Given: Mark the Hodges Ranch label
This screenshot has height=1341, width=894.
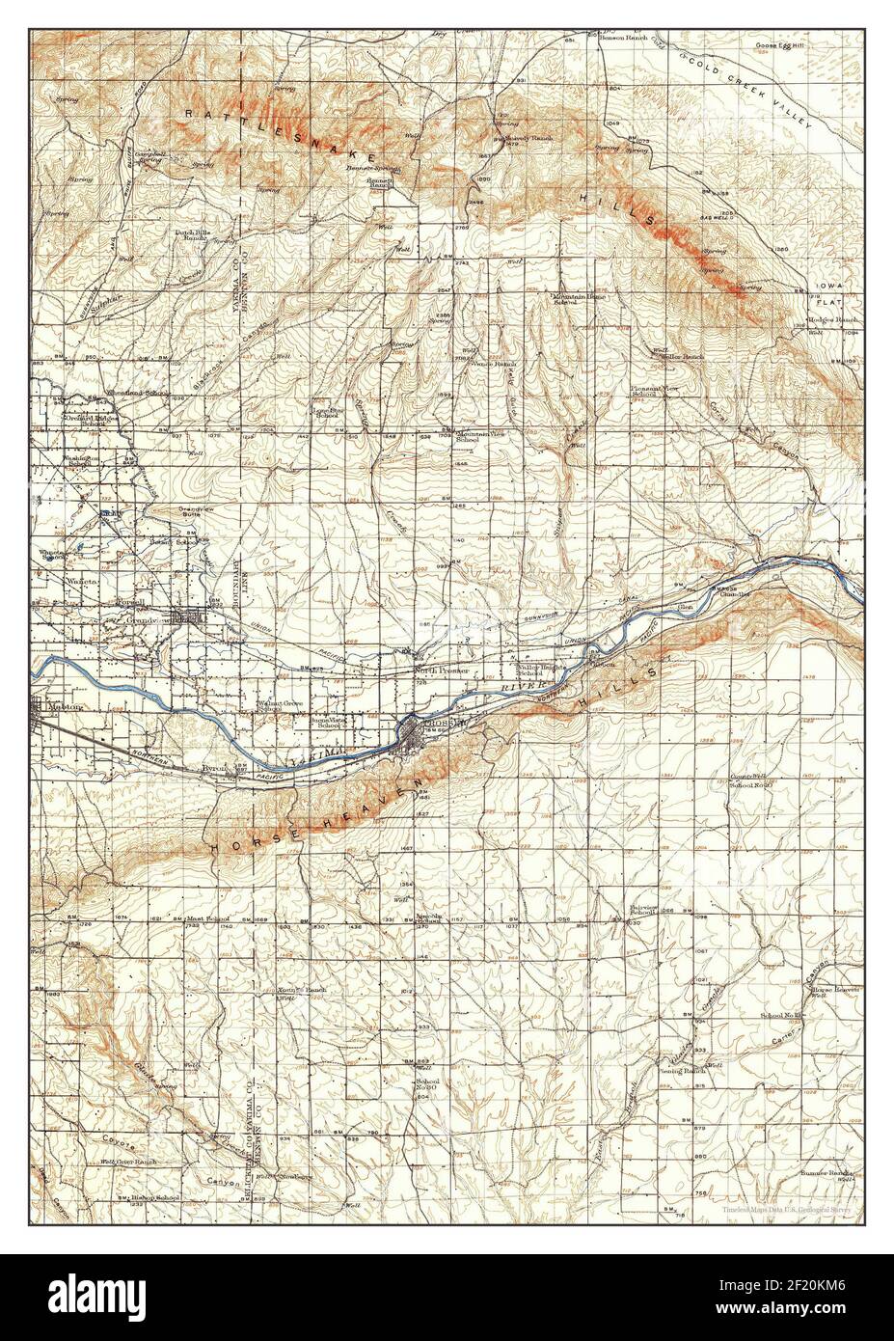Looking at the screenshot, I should [x=832, y=318].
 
